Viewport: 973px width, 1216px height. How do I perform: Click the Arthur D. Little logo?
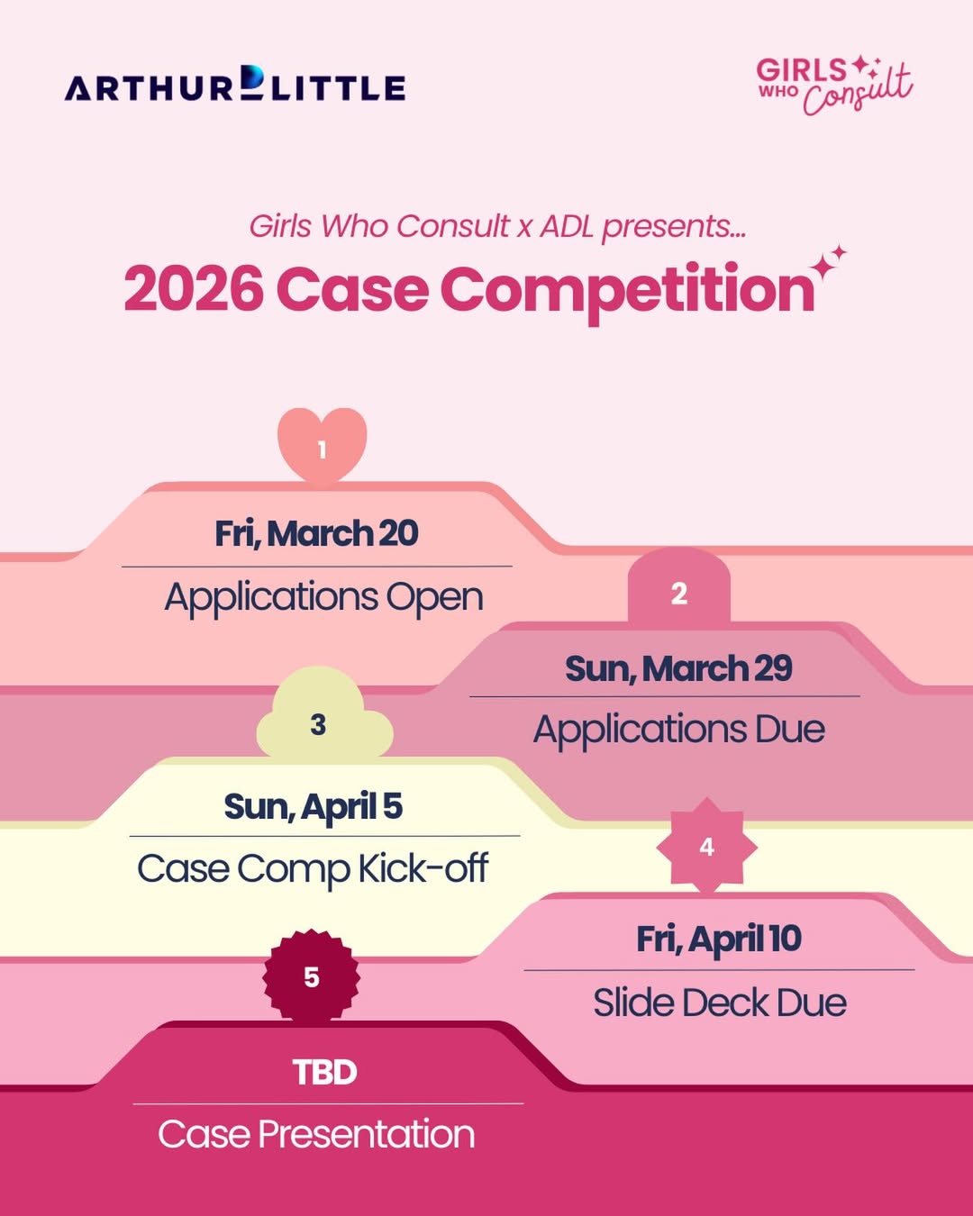[x=234, y=84]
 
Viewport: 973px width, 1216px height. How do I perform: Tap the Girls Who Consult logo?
[x=834, y=86]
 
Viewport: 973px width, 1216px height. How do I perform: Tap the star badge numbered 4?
[x=706, y=846]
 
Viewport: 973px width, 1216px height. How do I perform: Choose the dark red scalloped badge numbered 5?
[x=311, y=976]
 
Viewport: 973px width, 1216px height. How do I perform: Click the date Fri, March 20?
[x=316, y=533]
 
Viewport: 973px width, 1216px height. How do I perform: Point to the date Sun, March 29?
[x=678, y=668]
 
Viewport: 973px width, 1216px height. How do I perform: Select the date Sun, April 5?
[x=314, y=806]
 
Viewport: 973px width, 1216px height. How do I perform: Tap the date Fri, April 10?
[x=719, y=939]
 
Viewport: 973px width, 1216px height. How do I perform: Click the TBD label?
[x=324, y=1072]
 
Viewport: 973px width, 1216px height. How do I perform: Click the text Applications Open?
[x=324, y=598]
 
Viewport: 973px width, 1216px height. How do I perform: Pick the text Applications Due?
[x=679, y=731]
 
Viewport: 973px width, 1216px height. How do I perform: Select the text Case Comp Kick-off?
[x=313, y=868]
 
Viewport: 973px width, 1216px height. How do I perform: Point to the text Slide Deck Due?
[x=720, y=1003]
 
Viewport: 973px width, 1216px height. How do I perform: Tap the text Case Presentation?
[x=316, y=1134]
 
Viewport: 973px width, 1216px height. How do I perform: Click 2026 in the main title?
[x=194, y=289]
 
